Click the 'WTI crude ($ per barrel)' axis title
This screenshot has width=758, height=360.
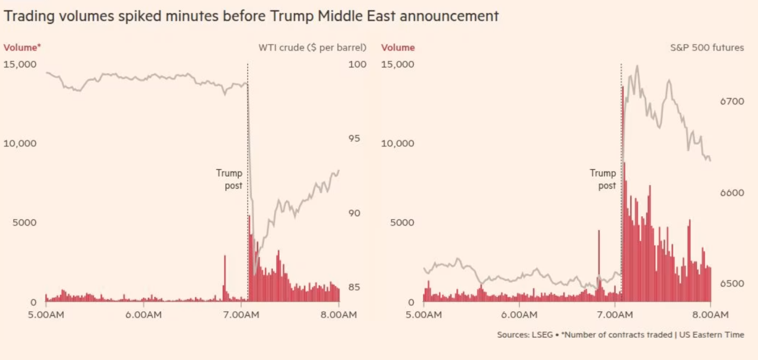(312, 48)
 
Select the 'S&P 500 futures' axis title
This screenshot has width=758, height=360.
(707, 48)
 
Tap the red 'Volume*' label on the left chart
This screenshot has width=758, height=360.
(22, 48)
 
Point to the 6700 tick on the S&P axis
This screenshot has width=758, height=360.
(732, 101)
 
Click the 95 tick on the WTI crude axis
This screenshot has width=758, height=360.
(354, 139)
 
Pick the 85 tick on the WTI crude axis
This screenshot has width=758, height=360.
(354, 287)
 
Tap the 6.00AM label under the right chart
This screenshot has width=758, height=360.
(519, 315)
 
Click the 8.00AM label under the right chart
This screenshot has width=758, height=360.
(710, 315)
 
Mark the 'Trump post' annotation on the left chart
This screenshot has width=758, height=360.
(229, 179)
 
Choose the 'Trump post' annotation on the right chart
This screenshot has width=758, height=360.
(603, 179)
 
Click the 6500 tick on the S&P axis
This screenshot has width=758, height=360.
(732, 284)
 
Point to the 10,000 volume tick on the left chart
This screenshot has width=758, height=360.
(20, 143)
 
